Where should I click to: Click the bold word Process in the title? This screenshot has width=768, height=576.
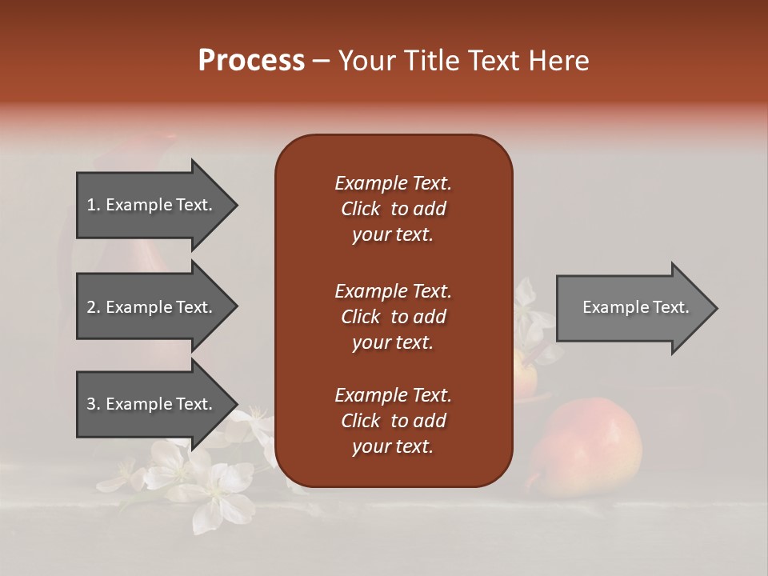[251, 61]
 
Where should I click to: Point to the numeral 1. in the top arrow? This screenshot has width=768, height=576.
[93, 205]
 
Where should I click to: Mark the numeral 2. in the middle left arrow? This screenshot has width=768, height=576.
[93, 307]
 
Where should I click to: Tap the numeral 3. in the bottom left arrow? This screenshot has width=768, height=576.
[93, 404]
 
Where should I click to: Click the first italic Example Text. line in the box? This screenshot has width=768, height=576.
[393, 183]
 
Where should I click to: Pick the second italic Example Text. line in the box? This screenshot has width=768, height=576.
[393, 291]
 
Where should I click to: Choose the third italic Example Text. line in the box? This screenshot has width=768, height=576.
[393, 395]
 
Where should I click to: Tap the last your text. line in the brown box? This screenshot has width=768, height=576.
[393, 446]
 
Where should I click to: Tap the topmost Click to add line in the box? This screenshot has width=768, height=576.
[393, 209]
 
